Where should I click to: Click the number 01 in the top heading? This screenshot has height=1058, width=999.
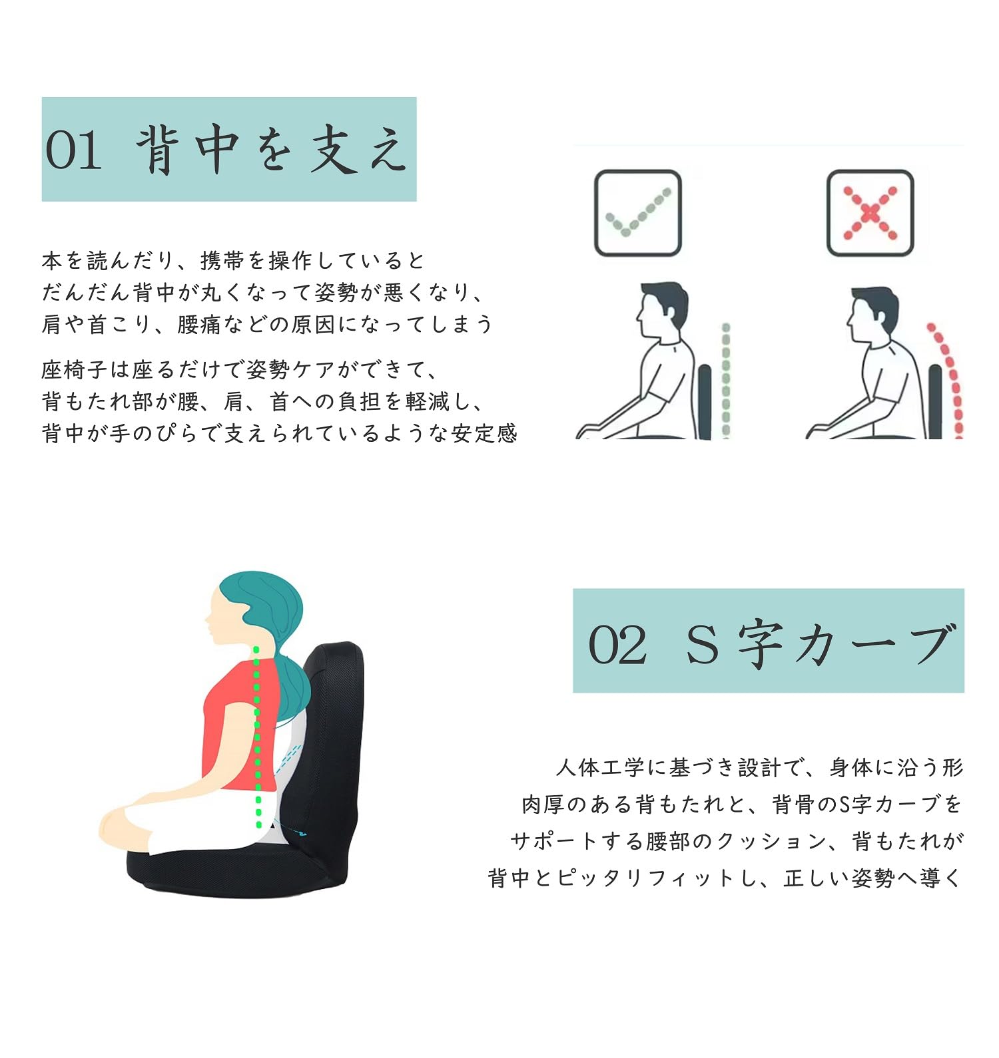click(73, 150)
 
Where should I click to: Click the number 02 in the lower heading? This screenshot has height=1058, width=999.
click(617, 644)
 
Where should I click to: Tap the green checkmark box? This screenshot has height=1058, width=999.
click(637, 213)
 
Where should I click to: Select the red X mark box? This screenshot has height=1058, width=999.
click(870, 213)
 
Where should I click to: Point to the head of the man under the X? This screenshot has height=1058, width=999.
click(872, 314)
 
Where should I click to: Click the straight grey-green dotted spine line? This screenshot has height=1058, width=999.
click(726, 379)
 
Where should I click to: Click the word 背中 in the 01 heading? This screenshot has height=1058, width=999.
click(188, 150)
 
